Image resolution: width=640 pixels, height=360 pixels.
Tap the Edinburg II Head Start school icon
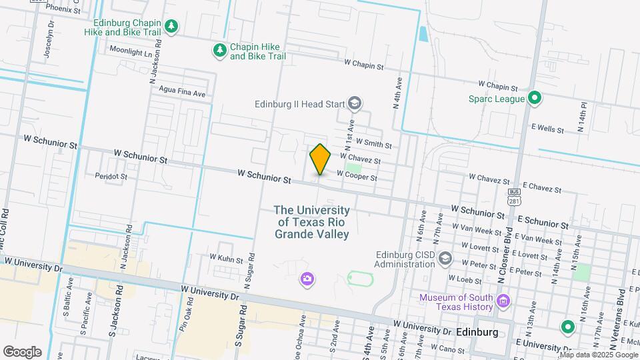(x=355, y=103)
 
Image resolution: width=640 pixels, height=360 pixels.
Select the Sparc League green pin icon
(x=533, y=99)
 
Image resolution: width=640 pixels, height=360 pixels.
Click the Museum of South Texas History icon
(x=503, y=301)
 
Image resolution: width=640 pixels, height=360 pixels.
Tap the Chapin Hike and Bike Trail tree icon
(x=219, y=51)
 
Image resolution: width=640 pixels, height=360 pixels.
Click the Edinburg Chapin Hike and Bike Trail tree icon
(x=173, y=26)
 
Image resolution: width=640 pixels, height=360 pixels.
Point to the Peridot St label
(x=111, y=177)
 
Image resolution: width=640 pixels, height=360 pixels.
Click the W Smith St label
(x=373, y=143)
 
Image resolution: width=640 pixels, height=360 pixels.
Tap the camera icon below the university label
(x=307, y=278)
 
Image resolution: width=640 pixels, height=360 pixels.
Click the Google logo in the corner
(x=22, y=351)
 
